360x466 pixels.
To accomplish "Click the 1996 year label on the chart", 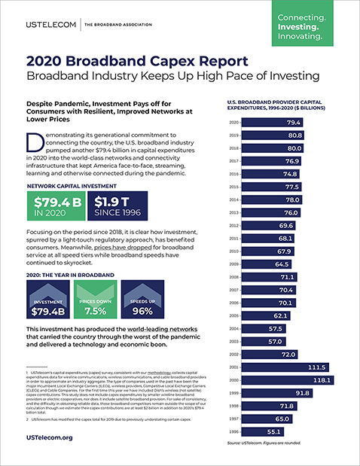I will click(x=233, y=453).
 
